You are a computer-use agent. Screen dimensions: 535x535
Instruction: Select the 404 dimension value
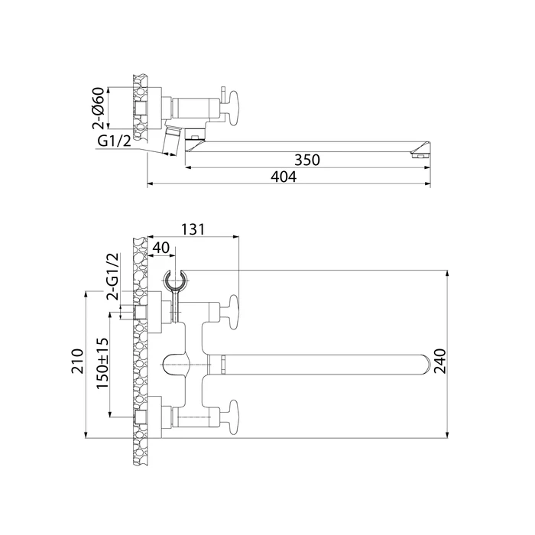[283, 177]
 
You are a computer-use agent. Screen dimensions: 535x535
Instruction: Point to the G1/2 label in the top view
[112, 143]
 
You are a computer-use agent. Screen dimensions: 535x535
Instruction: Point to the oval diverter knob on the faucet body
[177, 364]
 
